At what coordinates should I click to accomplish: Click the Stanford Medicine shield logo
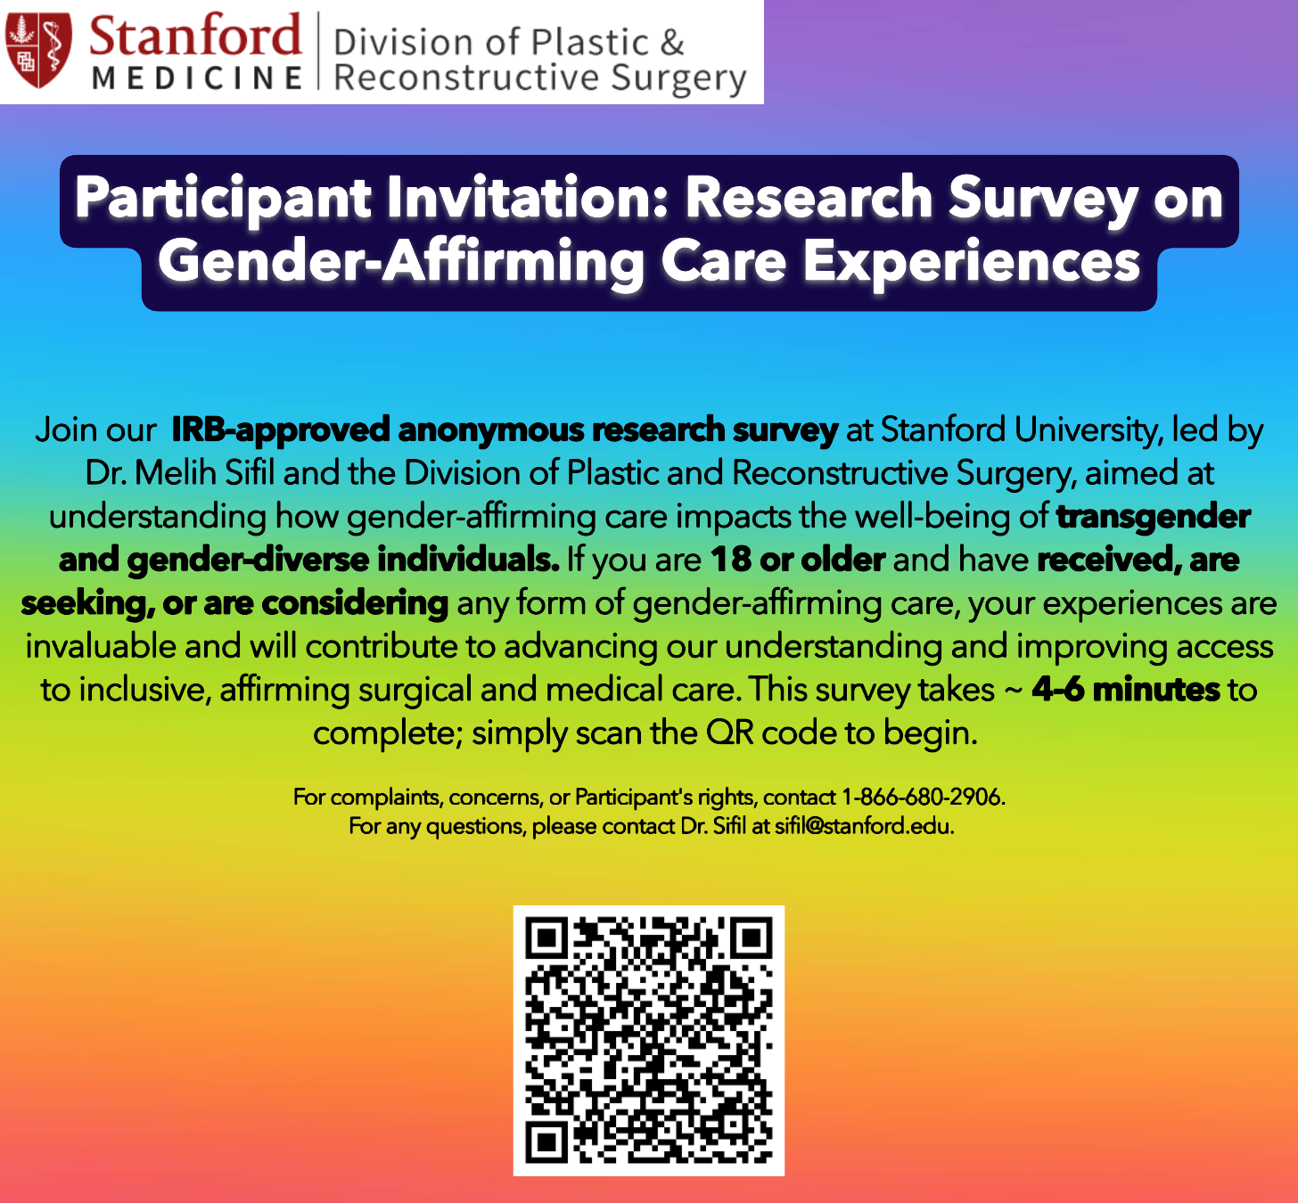38,50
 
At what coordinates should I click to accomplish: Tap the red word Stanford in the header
194,36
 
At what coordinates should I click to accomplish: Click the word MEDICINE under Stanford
197,78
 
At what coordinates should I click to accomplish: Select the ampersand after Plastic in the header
672,43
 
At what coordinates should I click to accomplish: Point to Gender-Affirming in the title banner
401,262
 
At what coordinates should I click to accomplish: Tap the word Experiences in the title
971,262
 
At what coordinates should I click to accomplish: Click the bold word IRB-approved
281,430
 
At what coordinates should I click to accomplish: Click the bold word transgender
1154,516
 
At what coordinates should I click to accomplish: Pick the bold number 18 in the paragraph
731,560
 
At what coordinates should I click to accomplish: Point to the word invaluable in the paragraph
101,646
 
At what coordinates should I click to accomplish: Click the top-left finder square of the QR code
547,939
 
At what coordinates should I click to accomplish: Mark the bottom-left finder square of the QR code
547,1143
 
